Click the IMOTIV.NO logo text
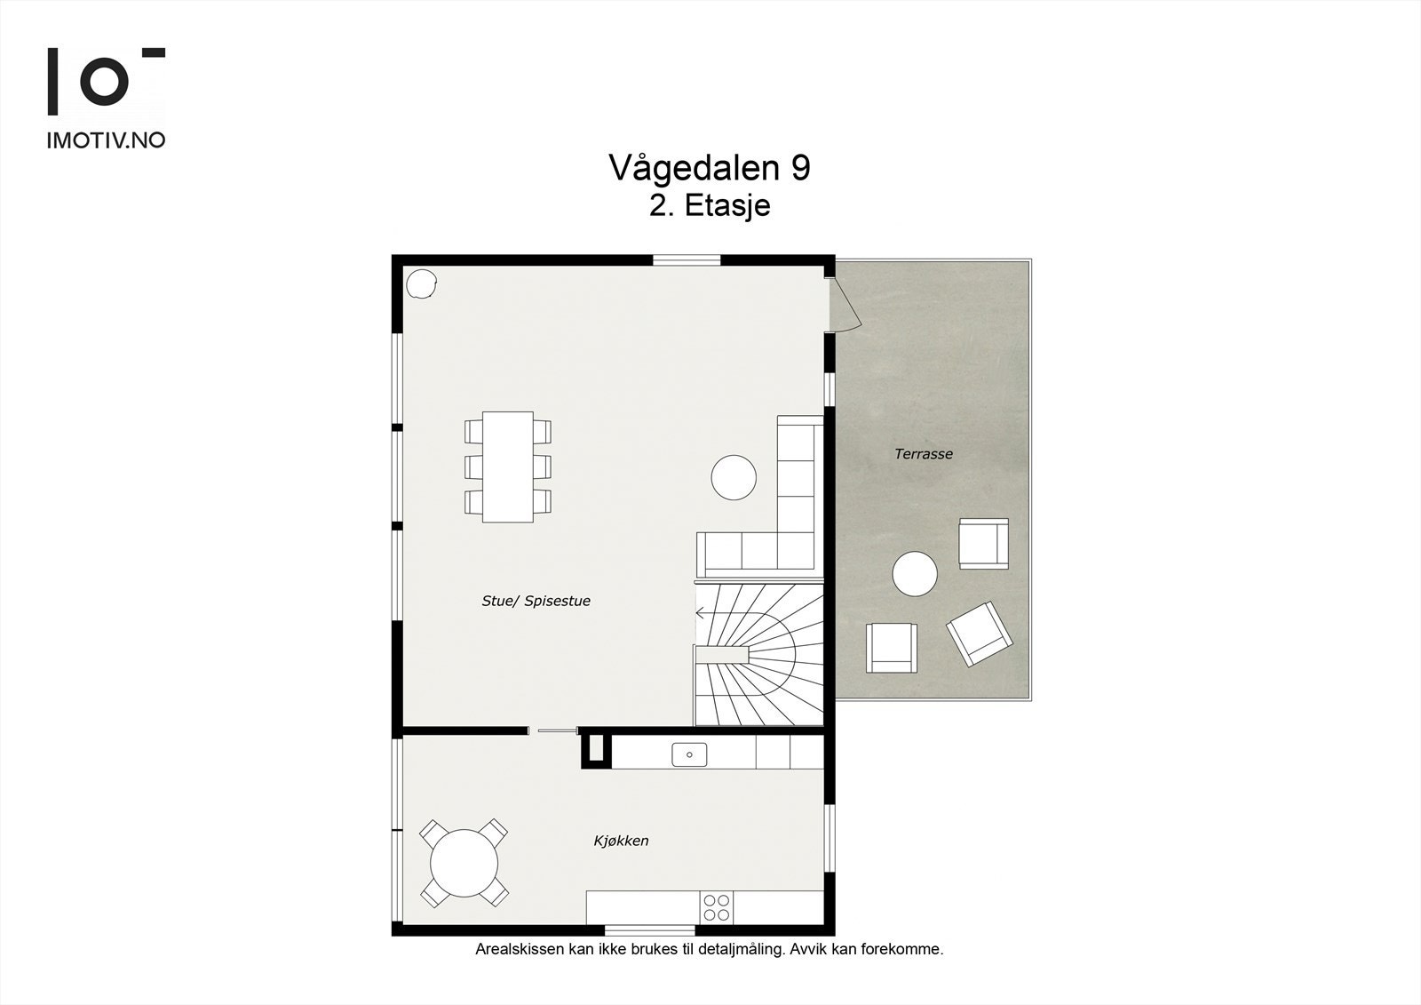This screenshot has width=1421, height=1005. (106, 140)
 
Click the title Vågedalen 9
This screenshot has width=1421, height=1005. (709, 167)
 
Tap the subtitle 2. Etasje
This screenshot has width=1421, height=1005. (709, 206)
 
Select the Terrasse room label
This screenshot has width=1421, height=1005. (923, 454)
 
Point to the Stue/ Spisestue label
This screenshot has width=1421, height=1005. (536, 602)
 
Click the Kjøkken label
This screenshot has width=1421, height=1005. (621, 841)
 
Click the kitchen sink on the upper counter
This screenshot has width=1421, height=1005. (689, 755)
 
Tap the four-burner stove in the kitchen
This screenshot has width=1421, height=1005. (716, 907)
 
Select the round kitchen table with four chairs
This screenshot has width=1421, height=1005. (464, 863)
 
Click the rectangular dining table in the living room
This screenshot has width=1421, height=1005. (507, 467)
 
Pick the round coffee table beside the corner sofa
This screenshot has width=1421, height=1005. (734, 477)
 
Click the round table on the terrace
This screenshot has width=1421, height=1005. (915, 574)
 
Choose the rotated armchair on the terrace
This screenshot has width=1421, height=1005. (979, 633)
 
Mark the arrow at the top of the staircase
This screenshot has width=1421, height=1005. (701, 613)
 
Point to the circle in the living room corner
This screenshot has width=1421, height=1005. (421, 283)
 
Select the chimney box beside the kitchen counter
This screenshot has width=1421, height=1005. (596, 747)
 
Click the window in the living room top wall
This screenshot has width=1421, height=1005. (687, 260)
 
